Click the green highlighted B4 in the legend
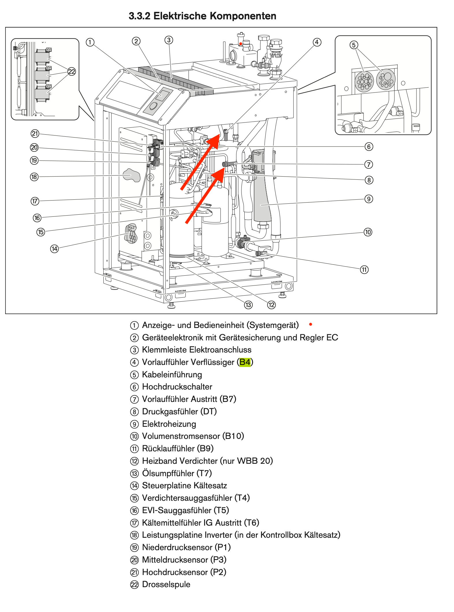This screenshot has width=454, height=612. (x=245, y=362)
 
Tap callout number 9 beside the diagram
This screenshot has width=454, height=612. (x=369, y=199)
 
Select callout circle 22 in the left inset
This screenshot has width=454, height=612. (x=71, y=71)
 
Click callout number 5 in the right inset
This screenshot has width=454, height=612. (x=353, y=45)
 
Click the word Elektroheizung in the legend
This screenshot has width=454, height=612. (x=169, y=424)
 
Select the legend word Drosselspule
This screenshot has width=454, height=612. (x=166, y=584)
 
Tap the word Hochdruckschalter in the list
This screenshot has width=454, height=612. (x=177, y=387)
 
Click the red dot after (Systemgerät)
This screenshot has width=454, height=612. (x=310, y=324)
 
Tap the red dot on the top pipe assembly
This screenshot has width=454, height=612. (x=241, y=44)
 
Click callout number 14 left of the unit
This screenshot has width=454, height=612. (x=54, y=249)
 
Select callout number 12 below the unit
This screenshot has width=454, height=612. (x=271, y=305)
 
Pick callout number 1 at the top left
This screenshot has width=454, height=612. (x=90, y=42)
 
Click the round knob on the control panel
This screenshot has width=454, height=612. (x=154, y=106)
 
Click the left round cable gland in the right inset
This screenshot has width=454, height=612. (x=364, y=81)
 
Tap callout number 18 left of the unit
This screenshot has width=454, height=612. (x=34, y=177)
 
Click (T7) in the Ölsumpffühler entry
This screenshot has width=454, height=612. (x=204, y=473)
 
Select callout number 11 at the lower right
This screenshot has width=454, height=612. (x=364, y=270)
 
